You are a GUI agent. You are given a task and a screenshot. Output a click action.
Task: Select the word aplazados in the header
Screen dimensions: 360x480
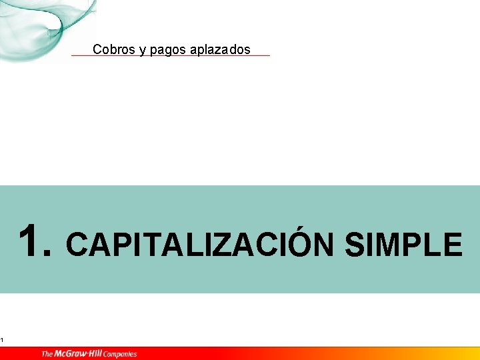(x=221, y=50)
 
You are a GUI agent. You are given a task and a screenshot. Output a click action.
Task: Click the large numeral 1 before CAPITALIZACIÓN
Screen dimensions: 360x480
(x=29, y=241)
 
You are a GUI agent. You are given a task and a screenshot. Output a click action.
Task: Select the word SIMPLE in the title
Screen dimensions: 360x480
(x=403, y=245)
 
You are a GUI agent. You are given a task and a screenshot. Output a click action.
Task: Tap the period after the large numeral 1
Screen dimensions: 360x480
(x=46, y=254)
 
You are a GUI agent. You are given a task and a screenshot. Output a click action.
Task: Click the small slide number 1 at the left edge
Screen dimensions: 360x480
(x=2, y=341)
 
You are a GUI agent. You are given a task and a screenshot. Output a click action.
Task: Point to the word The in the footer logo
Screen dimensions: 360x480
(x=47, y=353)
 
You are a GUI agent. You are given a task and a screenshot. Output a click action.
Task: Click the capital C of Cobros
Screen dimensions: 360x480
(x=97, y=49)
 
